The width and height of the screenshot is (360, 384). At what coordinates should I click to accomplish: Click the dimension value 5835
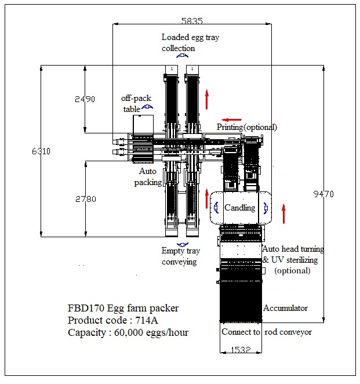(192, 20)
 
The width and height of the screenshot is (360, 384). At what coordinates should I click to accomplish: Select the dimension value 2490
(85, 99)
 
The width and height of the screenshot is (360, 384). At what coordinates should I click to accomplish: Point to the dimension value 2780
(85, 199)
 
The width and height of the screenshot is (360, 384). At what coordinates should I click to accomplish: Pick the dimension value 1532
(240, 350)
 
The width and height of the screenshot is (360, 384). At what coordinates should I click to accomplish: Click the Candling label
(239, 208)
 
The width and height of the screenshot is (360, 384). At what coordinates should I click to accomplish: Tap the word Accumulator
(285, 308)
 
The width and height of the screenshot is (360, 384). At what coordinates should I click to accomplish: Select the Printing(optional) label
(247, 127)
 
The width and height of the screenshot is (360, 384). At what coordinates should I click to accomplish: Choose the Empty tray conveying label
(179, 256)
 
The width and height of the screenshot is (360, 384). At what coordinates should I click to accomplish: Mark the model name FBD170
(85, 308)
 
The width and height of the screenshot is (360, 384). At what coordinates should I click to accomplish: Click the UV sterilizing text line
(293, 260)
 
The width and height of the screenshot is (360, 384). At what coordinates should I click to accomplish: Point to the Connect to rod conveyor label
(267, 332)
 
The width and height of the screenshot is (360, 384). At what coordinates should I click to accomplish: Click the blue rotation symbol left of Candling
(216, 207)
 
